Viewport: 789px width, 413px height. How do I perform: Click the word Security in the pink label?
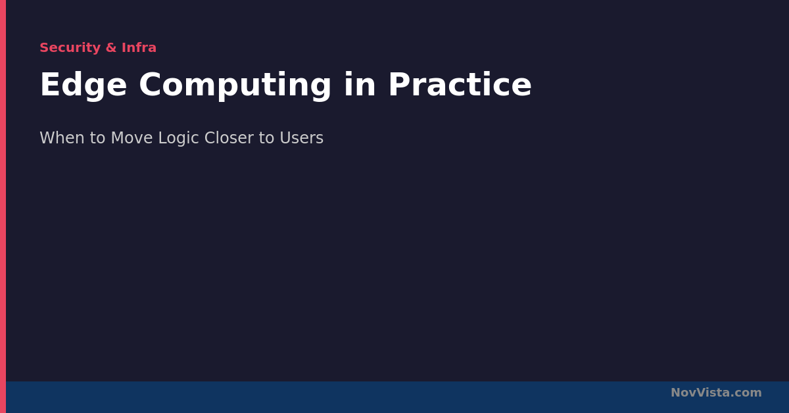tap(70, 48)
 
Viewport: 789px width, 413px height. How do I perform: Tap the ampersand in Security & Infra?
tap(111, 47)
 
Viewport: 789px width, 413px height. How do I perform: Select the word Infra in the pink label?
tap(139, 47)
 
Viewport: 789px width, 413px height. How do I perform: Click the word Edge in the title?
tap(84, 85)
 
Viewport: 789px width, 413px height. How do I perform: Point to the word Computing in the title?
tap(235, 85)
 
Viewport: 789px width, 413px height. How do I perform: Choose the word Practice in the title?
tap(460, 85)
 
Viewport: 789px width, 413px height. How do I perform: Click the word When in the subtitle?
tap(62, 138)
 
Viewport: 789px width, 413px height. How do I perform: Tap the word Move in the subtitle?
tap(131, 138)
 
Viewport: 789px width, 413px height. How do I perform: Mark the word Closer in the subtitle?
tap(229, 138)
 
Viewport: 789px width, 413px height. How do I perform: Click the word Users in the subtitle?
tap(302, 138)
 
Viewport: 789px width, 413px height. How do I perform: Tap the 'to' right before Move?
tap(97, 138)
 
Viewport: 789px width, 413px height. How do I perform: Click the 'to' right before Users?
tap(267, 138)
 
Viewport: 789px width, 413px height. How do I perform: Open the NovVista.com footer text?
tap(716, 393)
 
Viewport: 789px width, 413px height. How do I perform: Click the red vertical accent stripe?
tap(3, 206)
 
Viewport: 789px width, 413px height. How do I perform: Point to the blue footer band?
tap(397, 397)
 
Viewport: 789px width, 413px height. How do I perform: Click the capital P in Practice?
tap(400, 85)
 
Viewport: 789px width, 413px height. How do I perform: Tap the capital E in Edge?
tap(51, 85)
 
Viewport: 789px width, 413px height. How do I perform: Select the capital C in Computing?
tap(150, 85)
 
